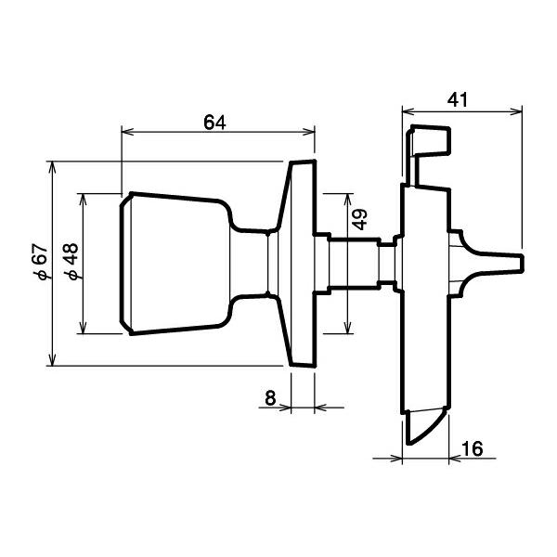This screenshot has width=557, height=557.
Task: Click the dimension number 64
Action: [x=214, y=121]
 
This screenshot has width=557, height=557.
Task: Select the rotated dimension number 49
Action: [x=360, y=220]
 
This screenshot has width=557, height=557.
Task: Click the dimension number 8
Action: [x=270, y=397]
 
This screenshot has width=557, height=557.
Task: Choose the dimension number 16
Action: [x=471, y=448]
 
